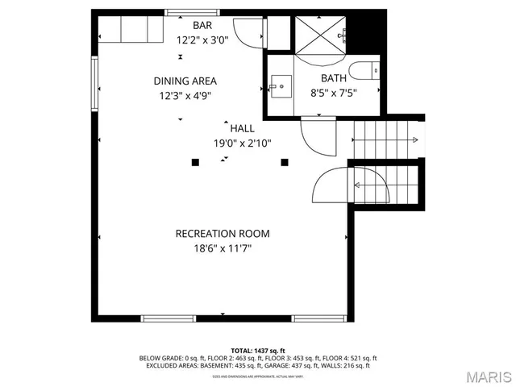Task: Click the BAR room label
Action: [202, 25]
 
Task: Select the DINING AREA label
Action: [185, 81]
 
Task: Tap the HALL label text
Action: [242, 128]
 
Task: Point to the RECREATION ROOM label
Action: [223, 234]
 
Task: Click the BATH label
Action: [334, 78]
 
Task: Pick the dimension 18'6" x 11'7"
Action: [223, 249]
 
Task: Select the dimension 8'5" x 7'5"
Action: [334, 93]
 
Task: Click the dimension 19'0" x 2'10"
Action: [242, 143]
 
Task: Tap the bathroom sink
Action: [281, 84]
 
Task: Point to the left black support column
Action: [195, 162]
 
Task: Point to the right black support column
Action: [285, 162]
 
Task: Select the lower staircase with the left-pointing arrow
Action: [386, 186]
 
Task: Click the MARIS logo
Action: [487, 376]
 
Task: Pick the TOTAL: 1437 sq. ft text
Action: [258, 351]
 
